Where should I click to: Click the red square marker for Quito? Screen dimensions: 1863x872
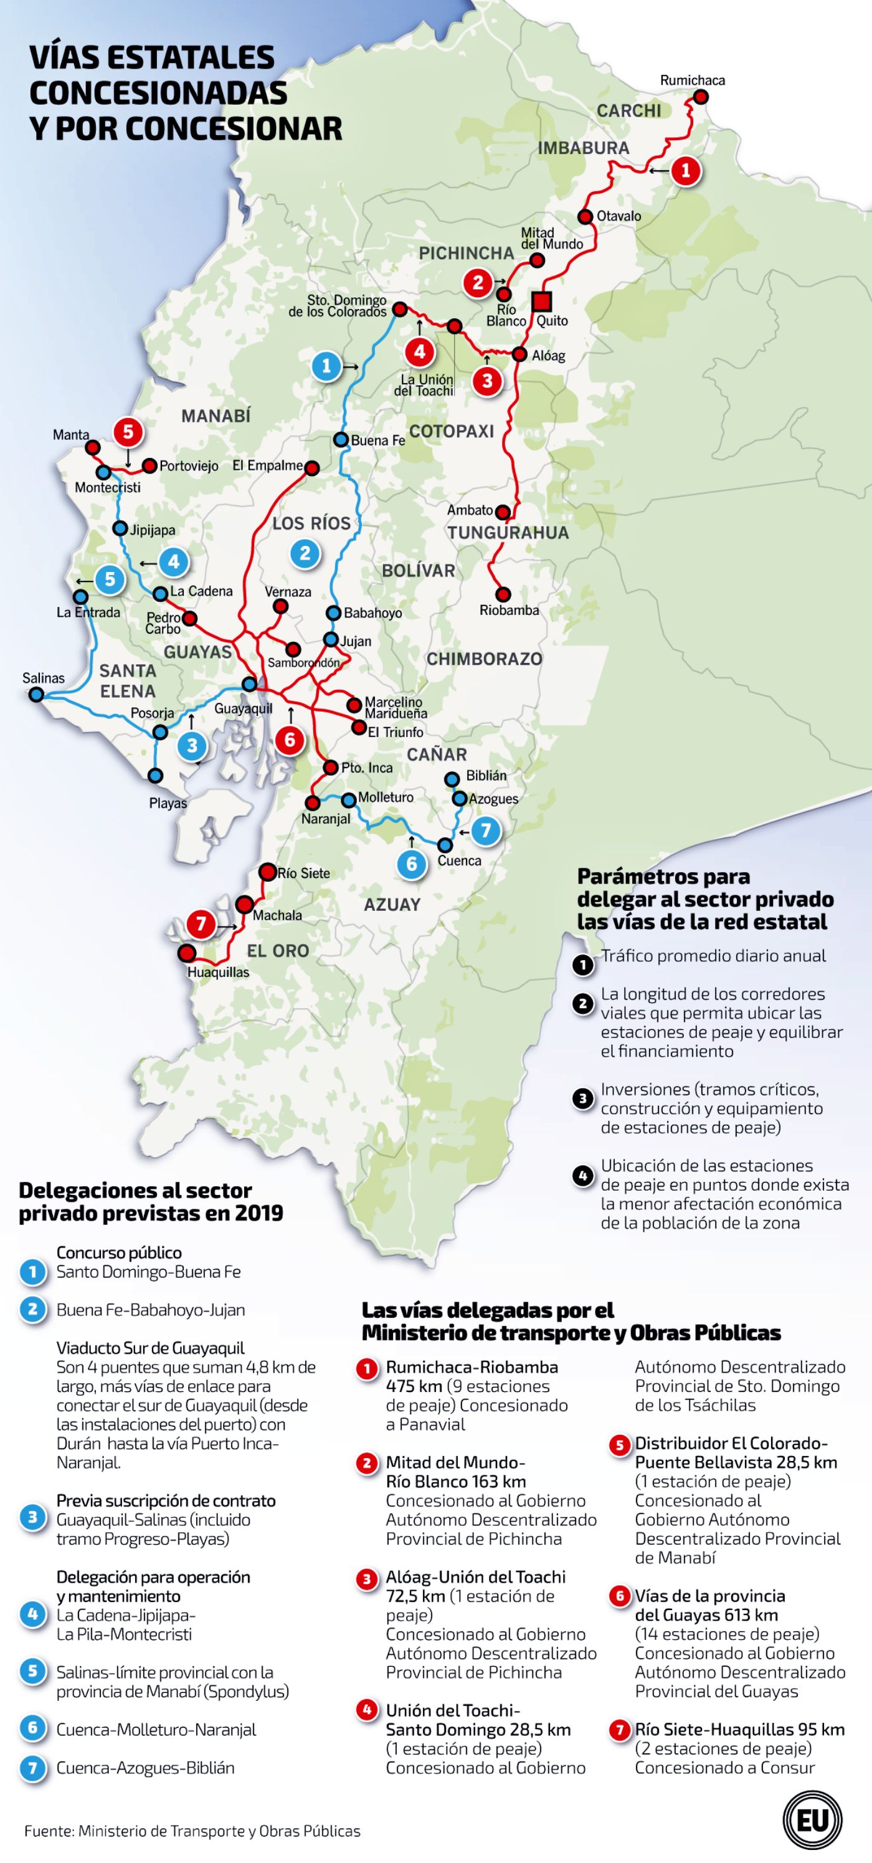(x=541, y=302)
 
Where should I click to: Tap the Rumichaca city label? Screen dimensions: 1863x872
(x=692, y=80)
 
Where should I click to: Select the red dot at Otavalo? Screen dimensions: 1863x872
(x=584, y=216)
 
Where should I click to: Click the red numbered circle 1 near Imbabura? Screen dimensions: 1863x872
(x=685, y=171)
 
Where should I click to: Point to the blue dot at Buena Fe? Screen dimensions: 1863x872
(x=341, y=439)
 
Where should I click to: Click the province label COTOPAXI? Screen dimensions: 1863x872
(x=451, y=432)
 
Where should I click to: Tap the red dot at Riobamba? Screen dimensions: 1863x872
(x=503, y=594)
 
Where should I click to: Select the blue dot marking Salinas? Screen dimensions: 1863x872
(x=36, y=695)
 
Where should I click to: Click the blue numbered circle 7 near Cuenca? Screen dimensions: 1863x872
(x=485, y=830)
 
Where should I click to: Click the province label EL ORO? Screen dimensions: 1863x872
(x=278, y=951)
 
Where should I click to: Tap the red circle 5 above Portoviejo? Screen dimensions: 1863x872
(x=128, y=432)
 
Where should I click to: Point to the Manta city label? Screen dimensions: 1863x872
(x=71, y=435)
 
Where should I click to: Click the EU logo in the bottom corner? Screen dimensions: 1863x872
(x=812, y=1819)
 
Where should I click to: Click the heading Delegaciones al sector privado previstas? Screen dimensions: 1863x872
(x=150, y=1201)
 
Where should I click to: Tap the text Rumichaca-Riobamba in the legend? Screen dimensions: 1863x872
(x=472, y=1368)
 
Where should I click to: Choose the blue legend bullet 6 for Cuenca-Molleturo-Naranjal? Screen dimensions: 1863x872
(x=32, y=1729)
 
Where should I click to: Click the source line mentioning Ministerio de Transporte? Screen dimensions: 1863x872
(x=192, y=1831)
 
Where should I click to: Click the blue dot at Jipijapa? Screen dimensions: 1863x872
(x=120, y=528)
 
